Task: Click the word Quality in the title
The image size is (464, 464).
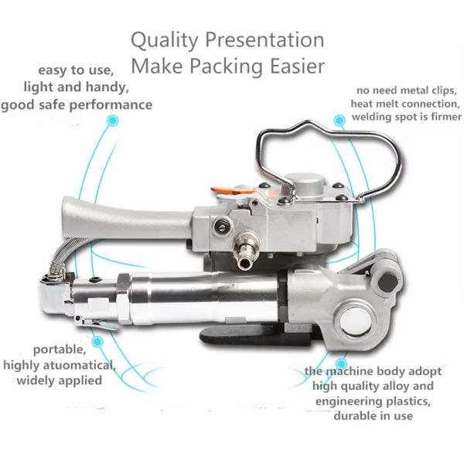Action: click(164, 41)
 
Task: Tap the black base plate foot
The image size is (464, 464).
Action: click(255, 336)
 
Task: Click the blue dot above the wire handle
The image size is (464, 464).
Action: click(339, 121)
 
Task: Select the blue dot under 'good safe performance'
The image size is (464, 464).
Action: click(112, 121)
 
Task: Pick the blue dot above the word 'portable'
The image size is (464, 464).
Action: click(97, 342)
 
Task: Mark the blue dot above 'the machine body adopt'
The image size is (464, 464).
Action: click(342, 363)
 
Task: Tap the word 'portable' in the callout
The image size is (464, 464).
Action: click(60, 350)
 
